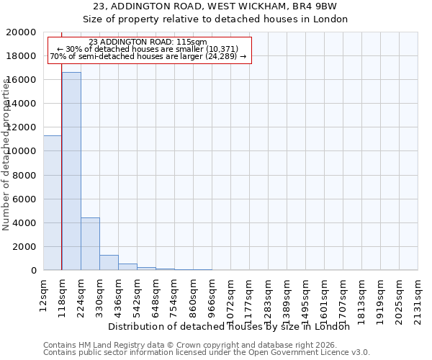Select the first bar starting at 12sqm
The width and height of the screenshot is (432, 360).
click(x=53, y=202)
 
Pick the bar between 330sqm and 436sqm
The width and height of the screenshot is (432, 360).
click(x=109, y=262)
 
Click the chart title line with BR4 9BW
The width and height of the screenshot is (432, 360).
click(x=215, y=6)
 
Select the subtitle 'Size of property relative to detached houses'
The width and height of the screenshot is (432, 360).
click(x=215, y=19)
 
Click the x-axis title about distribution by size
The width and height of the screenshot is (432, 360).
click(x=233, y=326)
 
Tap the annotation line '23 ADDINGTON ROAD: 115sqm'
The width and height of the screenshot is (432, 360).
click(x=148, y=42)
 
